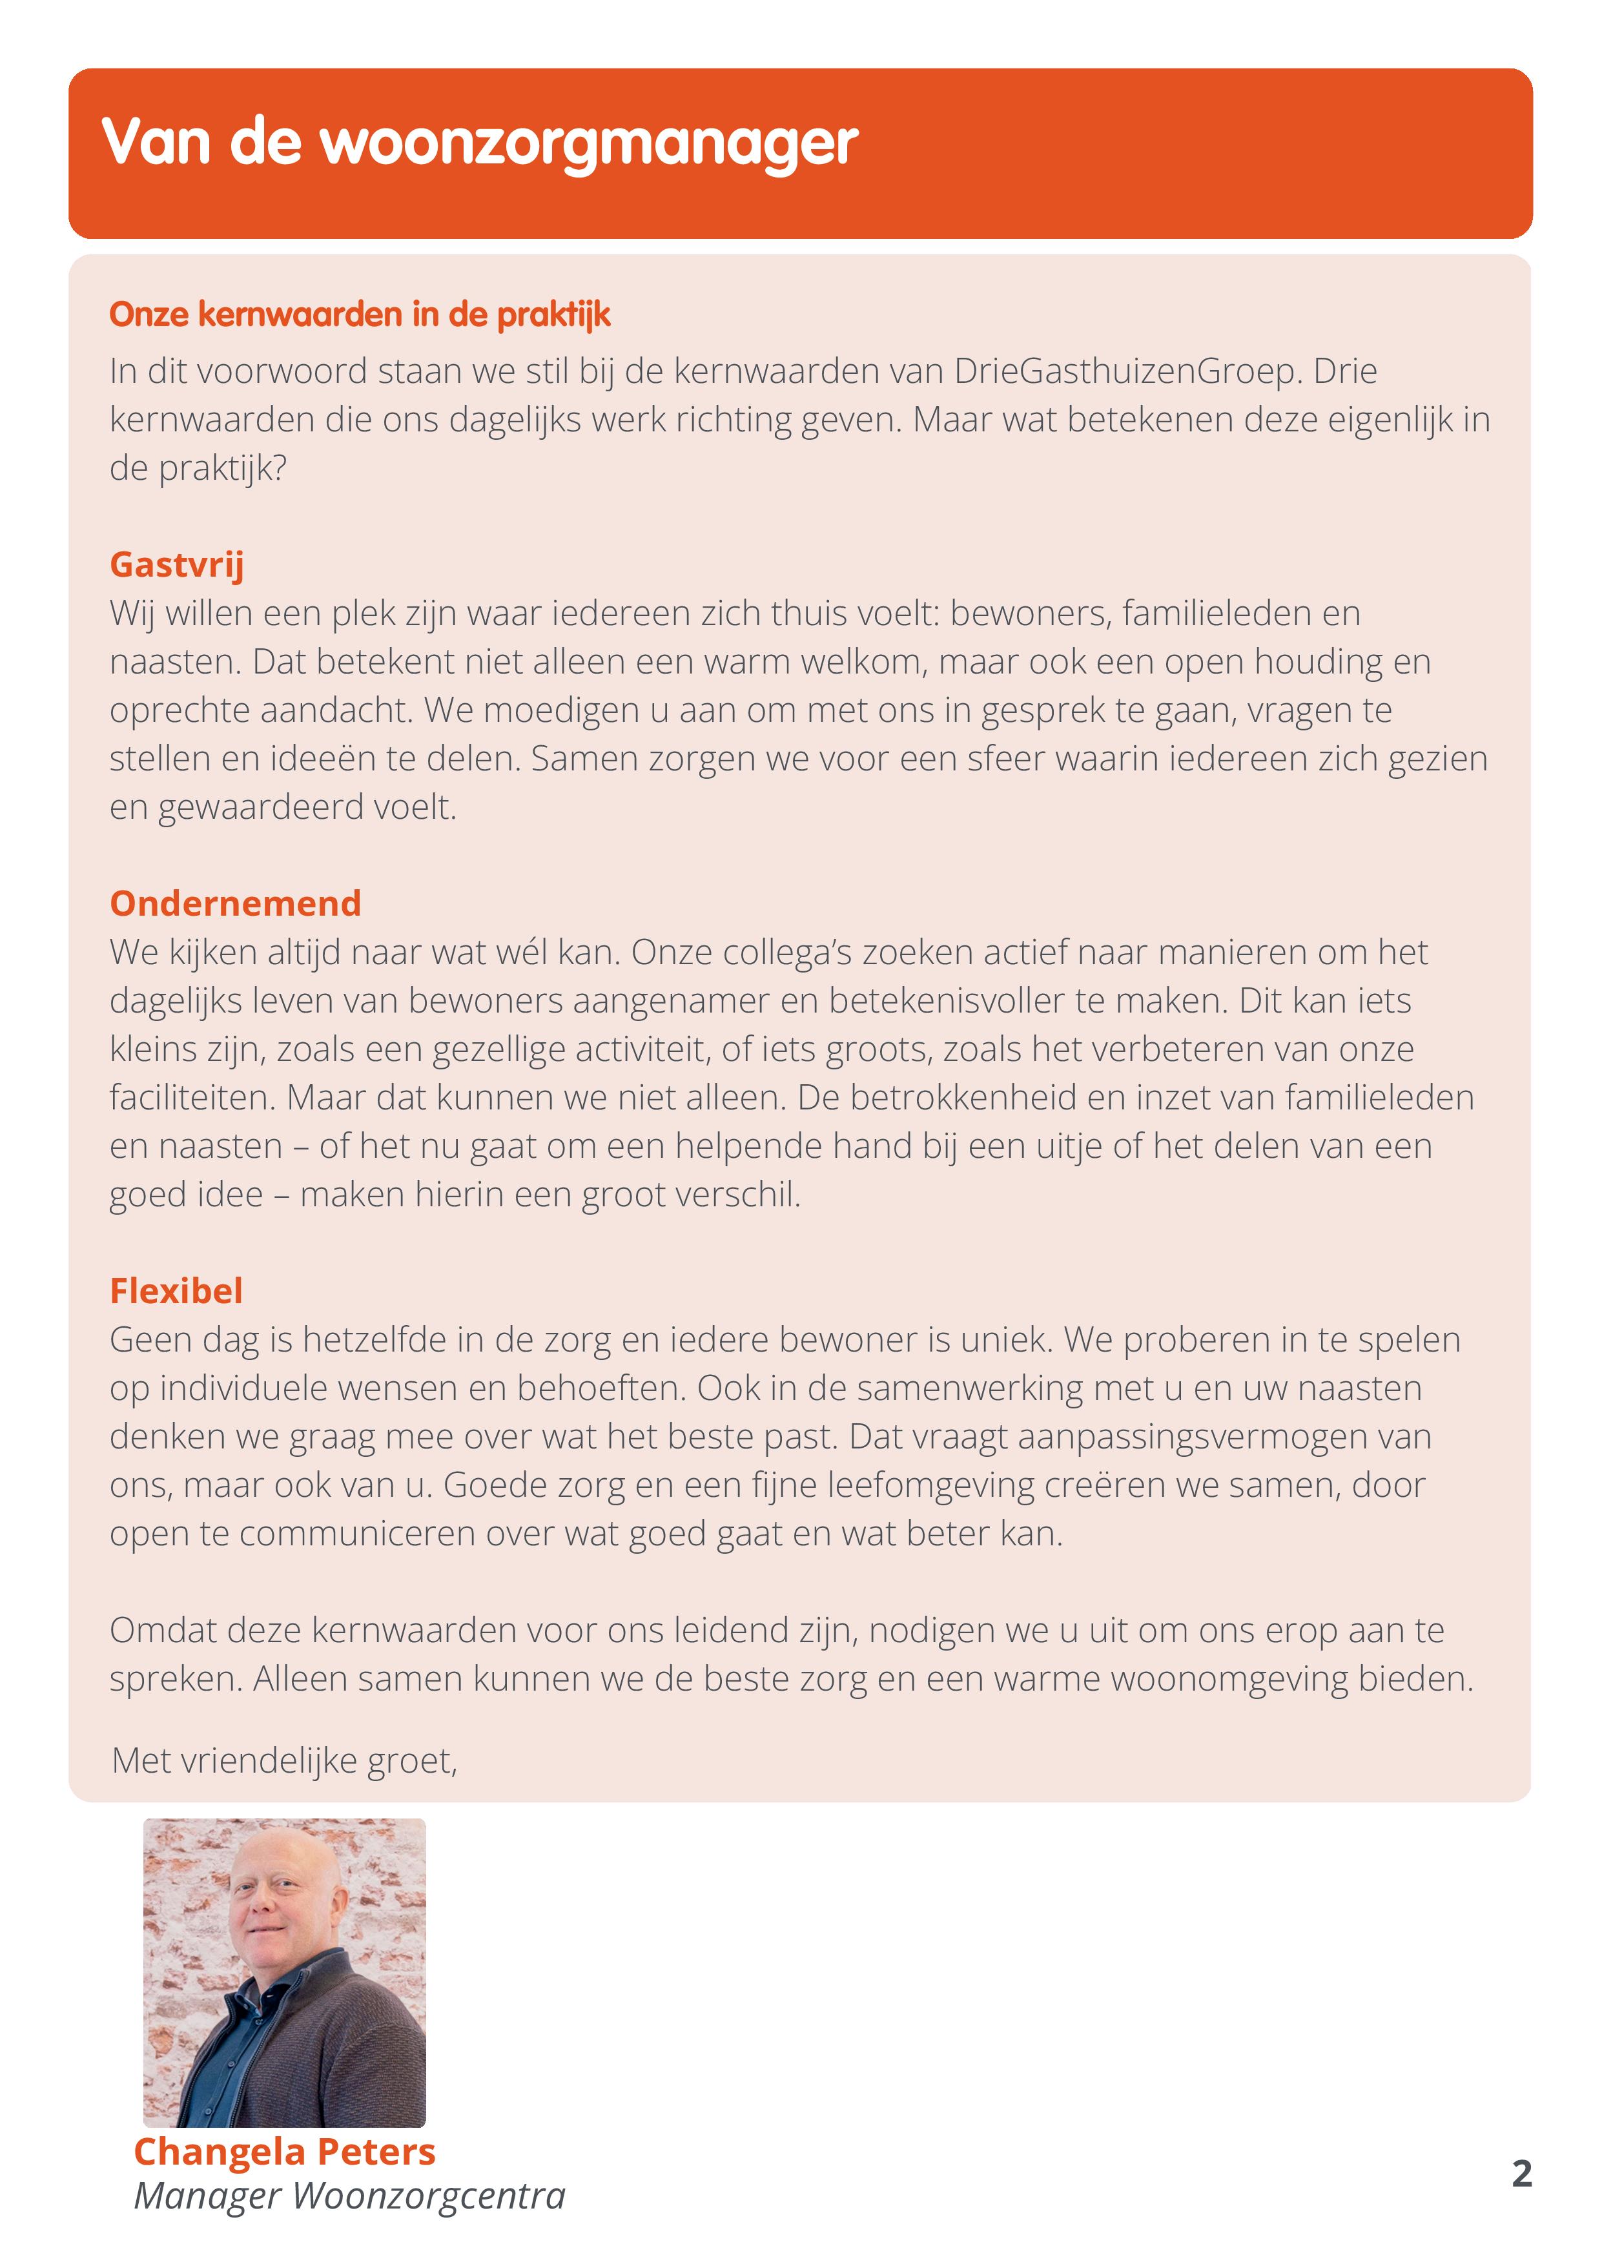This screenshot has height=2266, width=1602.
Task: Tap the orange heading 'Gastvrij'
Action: click(x=177, y=564)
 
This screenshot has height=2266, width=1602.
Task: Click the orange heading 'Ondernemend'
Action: click(x=236, y=903)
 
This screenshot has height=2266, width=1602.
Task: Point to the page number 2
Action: click(x=1521, y=2173)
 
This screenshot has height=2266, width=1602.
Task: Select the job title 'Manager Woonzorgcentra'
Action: click(x=349, y=2196)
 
